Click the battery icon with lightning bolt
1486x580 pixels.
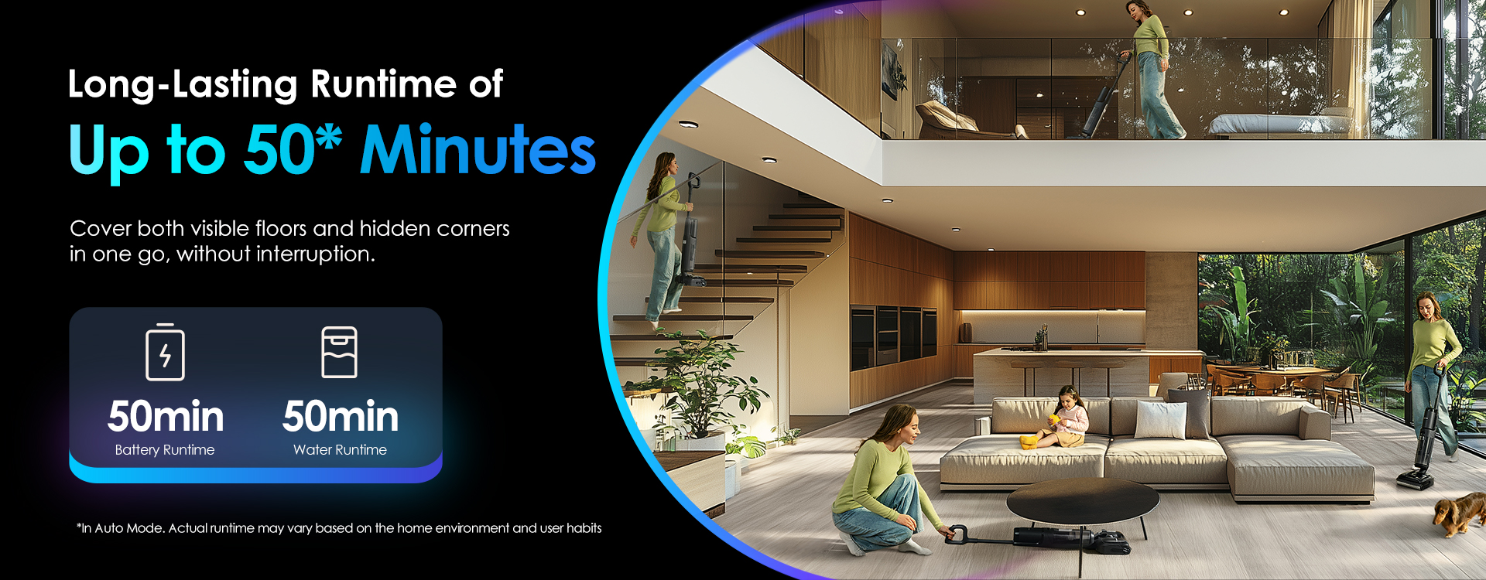[165, 352]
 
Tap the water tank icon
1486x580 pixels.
[339, 352]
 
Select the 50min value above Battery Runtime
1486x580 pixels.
[166, 416]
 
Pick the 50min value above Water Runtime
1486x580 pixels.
[341, 416]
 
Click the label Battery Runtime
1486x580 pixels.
[165, 450]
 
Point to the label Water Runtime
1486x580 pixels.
[340, 450]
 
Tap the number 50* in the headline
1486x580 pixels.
[293, 148]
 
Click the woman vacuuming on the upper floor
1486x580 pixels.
[1153, 70]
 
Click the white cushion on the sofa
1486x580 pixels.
[1160, 420]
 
